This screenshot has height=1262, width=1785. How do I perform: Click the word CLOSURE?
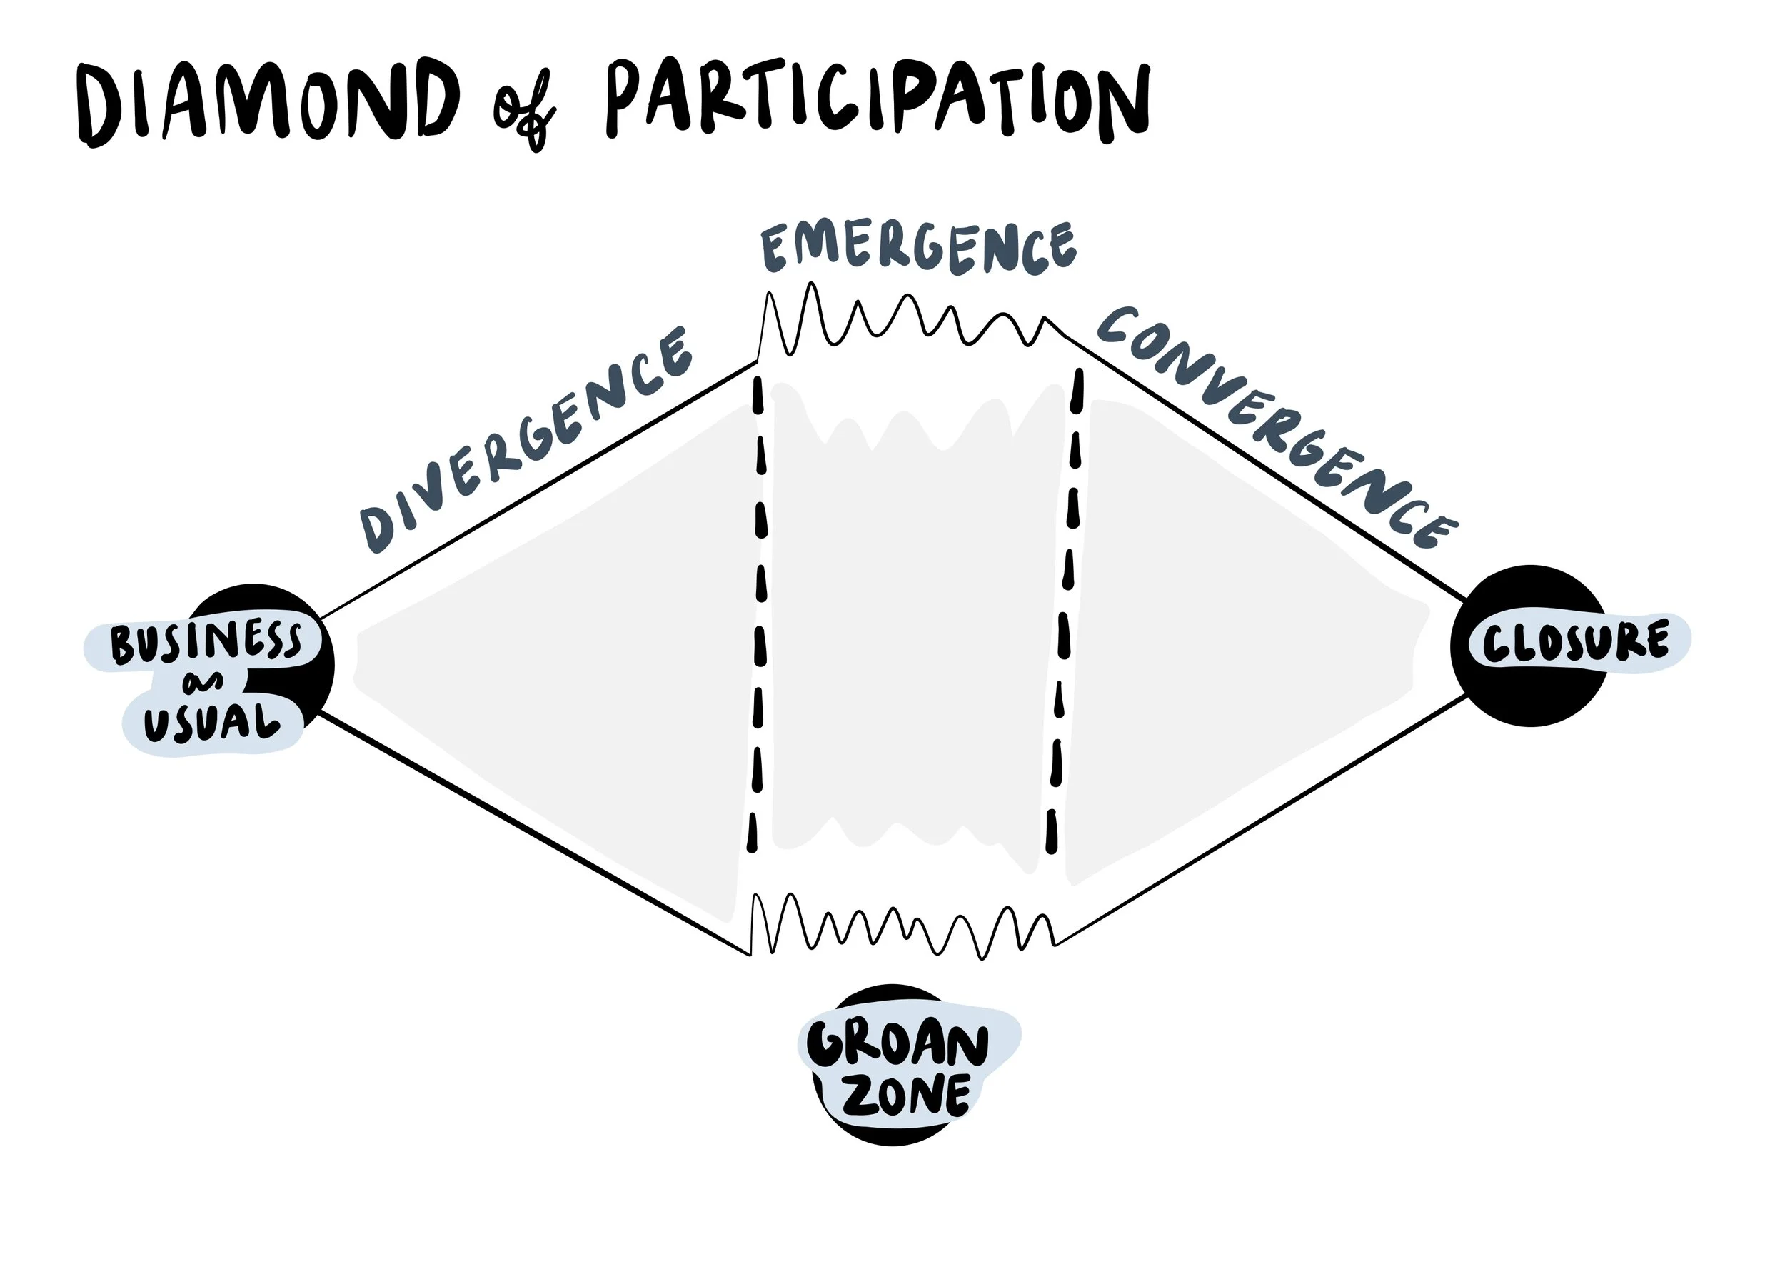(x=1575, y=642)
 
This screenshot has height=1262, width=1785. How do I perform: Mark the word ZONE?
(x=907, y=1096)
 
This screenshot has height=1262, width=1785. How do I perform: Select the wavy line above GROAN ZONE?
(x=902, y=929)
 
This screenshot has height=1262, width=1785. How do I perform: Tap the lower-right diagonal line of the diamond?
(x=1259, y=821)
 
